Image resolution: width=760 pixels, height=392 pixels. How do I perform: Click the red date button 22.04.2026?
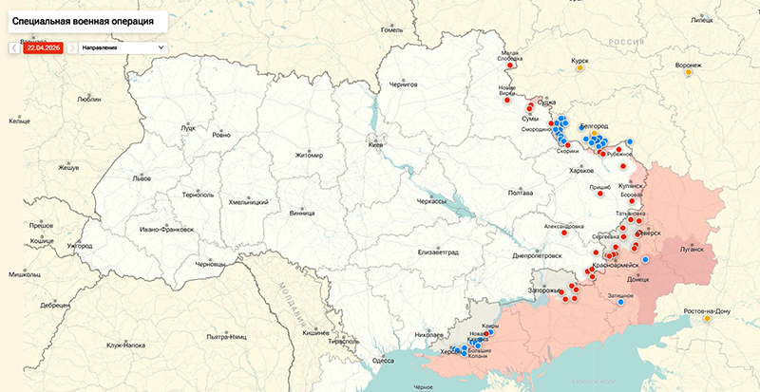(44, 46)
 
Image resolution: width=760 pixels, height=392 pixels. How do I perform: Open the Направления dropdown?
(122, 46)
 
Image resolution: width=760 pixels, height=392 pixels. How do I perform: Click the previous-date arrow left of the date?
(12, 46)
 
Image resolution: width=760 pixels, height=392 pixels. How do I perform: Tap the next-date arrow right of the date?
(72, 46)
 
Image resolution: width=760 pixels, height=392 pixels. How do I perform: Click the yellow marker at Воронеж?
(688, 75)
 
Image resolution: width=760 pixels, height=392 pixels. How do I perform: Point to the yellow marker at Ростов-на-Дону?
(707, 320)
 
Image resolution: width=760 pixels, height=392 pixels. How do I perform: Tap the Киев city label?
(376, 145)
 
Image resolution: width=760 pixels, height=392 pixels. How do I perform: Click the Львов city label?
(142, 177)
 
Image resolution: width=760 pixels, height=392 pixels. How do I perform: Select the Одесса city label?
(383, 361)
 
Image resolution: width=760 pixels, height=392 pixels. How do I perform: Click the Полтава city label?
(521, 193)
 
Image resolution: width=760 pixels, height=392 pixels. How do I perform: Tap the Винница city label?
(302, 213)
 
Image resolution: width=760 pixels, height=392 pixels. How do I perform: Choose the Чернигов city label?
(404, 84)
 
